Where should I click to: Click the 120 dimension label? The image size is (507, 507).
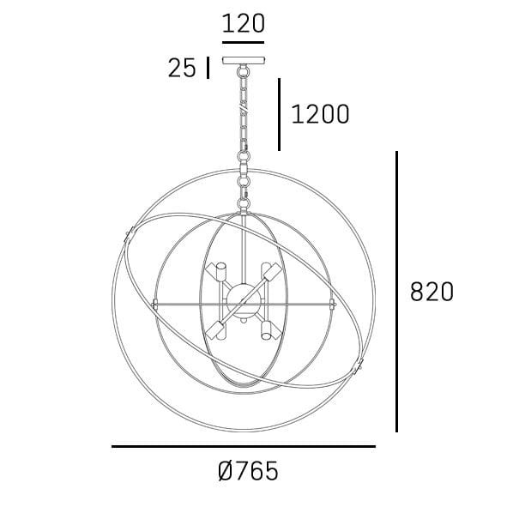pyautogui.click(x=243, y=23)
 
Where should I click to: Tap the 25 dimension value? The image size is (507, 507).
pyautogui.click(x=182, y=69)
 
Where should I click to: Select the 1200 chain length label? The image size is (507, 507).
pyautogui.click(x=321, y=114)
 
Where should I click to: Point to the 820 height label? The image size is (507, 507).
pyautogui.click(x=432, y=292)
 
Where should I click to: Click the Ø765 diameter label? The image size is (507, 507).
pyautogui.click(x=249, y=471)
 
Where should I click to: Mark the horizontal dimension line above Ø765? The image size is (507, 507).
pyautogui.click(x=243, y=446)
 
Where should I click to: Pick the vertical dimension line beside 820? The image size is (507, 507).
pyautogui.click(x=396, y=292)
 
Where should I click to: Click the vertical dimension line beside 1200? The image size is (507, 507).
pyautogui.click(x=279, y=114)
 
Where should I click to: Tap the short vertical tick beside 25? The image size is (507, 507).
pyautogui.click(x=207, y=68)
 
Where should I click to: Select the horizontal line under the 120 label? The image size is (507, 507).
pyautogui.click(x=243, y=41)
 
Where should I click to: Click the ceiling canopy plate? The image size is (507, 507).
pyautogui.click(x=244, y=60)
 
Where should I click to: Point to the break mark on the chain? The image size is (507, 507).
pyautogui.click(x=244, y=112)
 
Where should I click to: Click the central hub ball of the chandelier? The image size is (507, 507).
pyautogui.click(x=245, y=297)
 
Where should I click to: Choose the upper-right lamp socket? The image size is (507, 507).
pyautogui.click(x=273, y=273)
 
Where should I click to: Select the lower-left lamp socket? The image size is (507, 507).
pyautogui.click(x=218, y=329)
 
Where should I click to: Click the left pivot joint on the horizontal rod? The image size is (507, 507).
pyautogui.click(x=155, y=304)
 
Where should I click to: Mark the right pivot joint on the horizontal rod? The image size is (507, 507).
pyautogui.click(x=331, y=304)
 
